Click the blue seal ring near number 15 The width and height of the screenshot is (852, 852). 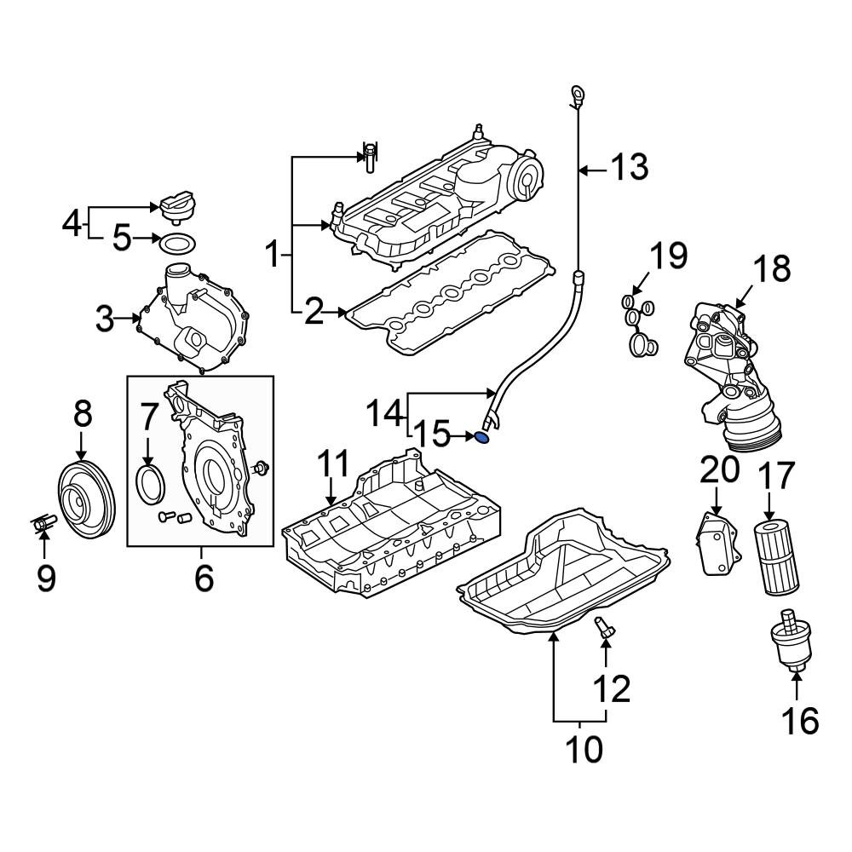[482, 436]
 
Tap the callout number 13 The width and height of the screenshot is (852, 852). [630, 167]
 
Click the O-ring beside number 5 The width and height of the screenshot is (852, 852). [177, 243]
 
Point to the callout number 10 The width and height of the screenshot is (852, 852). [584, 749]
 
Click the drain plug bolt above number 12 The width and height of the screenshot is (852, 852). [604, 629]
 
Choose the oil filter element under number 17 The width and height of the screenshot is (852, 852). [776, 557]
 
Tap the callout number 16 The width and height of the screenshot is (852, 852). [800, 721]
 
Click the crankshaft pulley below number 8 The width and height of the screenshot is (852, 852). [87, 498]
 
